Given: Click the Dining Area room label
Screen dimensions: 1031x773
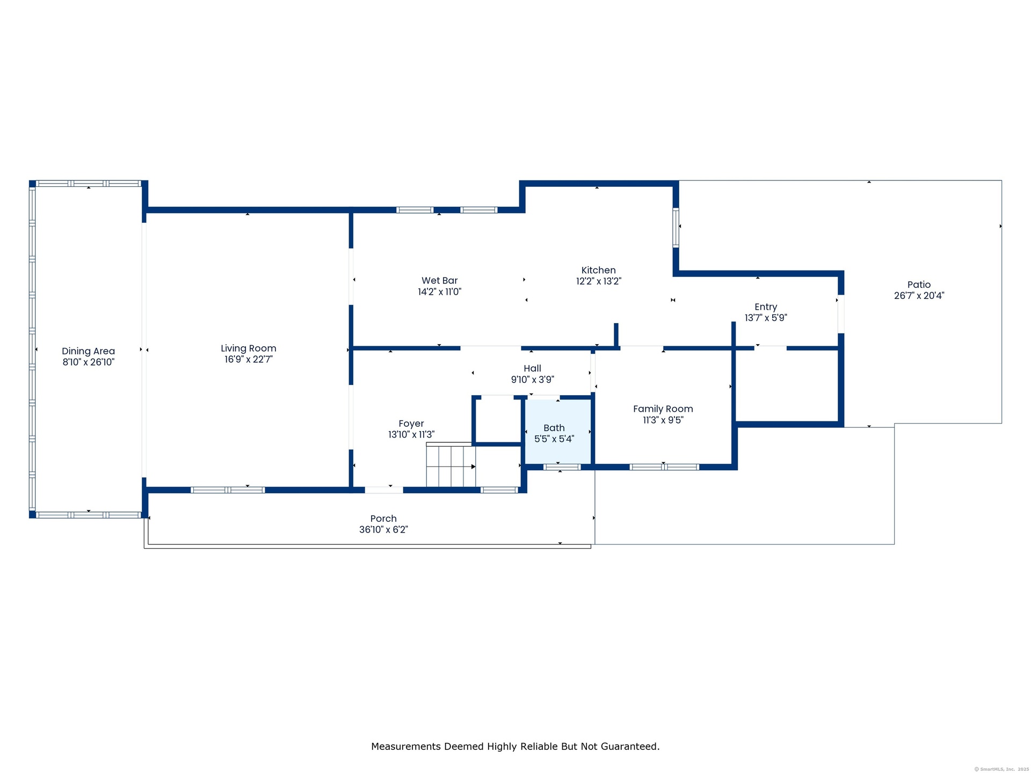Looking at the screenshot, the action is coord(88,351).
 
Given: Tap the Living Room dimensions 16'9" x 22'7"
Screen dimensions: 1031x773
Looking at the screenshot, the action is coord(249,360).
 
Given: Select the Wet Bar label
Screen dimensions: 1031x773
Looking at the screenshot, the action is coord(440,280).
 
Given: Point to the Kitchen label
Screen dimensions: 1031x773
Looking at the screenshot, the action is coord(599,270).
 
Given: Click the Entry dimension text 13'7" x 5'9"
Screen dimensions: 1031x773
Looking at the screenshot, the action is coord(766,318).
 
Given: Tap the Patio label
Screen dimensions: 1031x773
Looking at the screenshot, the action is coord(919,285).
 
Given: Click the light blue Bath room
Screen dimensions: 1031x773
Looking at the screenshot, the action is coord(558,431).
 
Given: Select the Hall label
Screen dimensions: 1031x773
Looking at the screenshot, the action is coord(533,368).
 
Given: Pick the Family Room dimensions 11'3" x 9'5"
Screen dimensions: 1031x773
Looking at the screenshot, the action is coord(663,420).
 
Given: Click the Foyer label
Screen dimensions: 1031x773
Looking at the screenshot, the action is coord(411,424).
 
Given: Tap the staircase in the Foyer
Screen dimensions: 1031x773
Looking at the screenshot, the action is coord(451,465).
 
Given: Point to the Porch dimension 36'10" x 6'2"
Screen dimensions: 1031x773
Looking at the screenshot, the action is coord(383,530).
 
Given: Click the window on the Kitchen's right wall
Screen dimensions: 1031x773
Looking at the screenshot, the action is coord(676,228).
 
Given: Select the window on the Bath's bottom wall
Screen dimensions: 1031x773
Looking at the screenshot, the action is coord(562,467).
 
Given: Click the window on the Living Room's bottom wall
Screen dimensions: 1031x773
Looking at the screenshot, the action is coord(228,490).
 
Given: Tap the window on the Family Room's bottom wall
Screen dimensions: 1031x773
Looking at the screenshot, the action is coord(664,467).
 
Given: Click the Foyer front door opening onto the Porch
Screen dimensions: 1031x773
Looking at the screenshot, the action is coord(384,490).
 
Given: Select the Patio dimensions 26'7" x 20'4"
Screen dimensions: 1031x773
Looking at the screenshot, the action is coord(919,296).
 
